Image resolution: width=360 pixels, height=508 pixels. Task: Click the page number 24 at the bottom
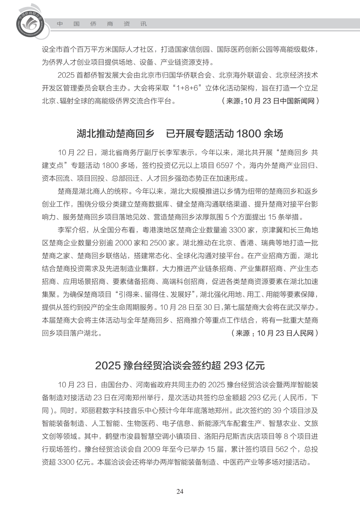[180, 491]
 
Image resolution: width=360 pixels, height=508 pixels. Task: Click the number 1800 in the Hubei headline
[248, 134]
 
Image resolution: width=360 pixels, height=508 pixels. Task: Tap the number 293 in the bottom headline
[233, 365]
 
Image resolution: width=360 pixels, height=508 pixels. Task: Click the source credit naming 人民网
[275, 333]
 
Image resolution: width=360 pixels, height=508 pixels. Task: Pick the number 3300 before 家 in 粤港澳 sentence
[238, 230]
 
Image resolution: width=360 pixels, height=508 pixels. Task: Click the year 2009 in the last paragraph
[152, 449]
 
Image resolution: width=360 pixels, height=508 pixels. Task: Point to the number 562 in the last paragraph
[281, 449]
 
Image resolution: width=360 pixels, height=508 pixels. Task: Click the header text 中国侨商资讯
[102, 24]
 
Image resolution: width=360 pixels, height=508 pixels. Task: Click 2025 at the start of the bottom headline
[107, 365]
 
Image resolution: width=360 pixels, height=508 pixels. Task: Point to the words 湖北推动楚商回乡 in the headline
[115, 134]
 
